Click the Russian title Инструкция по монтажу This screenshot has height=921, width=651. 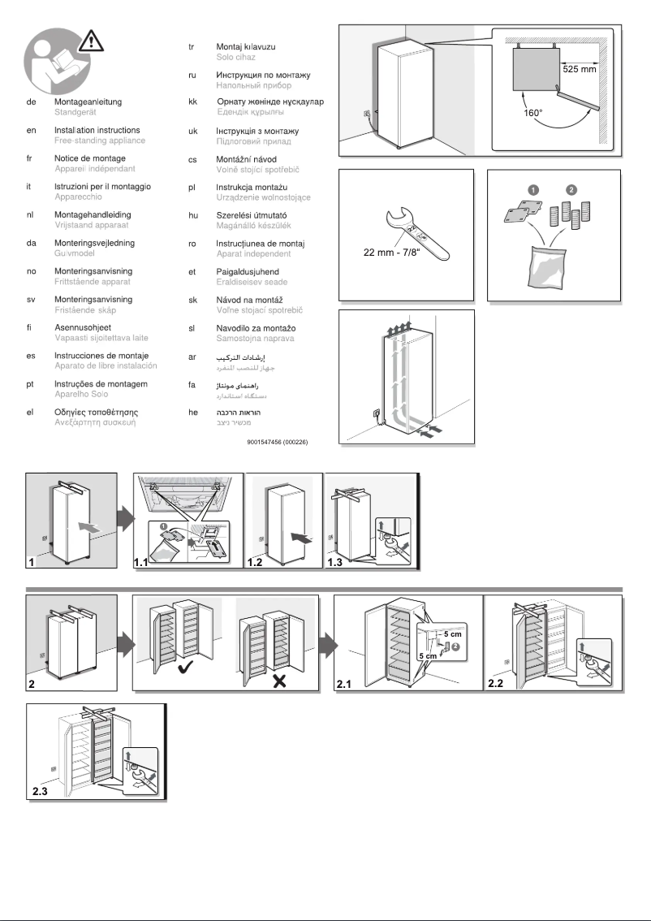[263, 74]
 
